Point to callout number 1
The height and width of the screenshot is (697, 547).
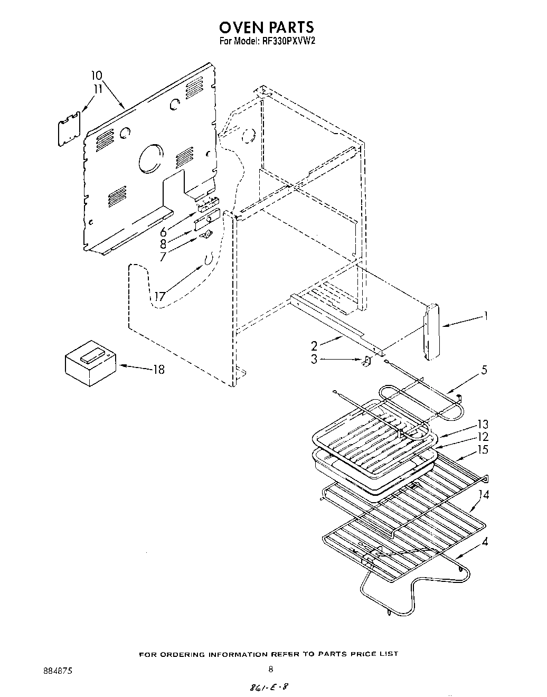[486, 316]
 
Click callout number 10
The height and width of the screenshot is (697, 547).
[97, 76]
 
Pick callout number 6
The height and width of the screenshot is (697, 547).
[163, 231]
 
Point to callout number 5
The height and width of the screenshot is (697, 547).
[484, 370]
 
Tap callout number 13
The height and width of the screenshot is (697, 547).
[483, 424]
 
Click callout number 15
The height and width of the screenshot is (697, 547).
[483, 450]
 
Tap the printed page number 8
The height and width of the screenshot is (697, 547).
[271, 670]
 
